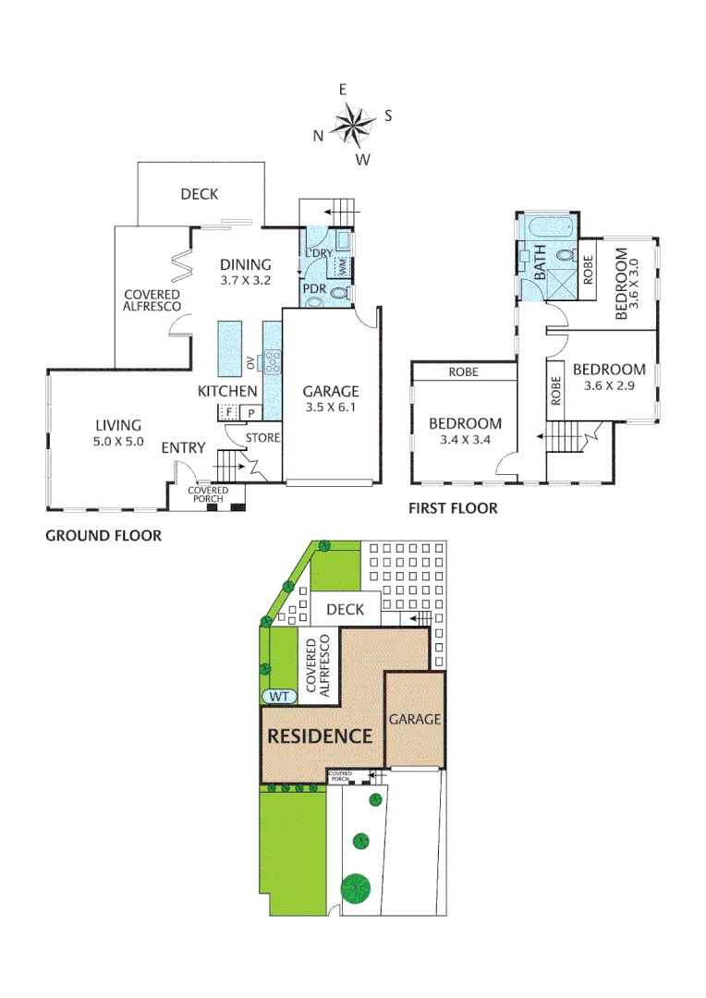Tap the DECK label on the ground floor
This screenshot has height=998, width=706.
click(199, 194)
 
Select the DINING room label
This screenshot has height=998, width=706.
click(246, 264)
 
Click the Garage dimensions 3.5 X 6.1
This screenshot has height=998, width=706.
click(328, 409)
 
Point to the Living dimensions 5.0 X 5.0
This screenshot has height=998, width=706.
click(118, 442)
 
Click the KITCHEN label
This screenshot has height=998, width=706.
click(227, 392)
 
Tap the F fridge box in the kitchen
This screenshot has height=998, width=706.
click(228, 412)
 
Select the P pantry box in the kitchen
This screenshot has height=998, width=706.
click(250, 413)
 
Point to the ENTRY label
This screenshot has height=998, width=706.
click(183, 448)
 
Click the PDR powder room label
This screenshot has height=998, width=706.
click(315, 289)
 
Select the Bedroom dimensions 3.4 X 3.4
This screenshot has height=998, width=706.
click(465, 442)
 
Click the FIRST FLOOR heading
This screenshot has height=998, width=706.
click(453, 508)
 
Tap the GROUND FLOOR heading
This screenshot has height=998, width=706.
click(103, 536)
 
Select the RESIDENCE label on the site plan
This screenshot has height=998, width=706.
click(320, 736)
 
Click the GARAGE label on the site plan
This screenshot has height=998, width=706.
click(414, 719)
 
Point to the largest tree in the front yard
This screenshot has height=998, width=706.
click(354, 888)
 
